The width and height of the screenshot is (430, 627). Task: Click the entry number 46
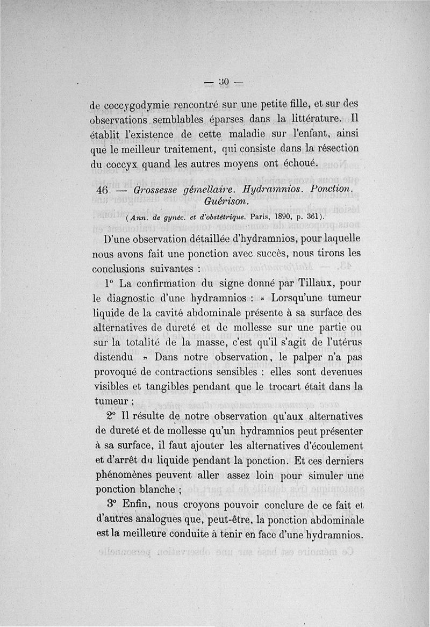click(x=103, y=191)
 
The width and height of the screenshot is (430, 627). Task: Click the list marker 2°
click(x=111, y=416)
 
